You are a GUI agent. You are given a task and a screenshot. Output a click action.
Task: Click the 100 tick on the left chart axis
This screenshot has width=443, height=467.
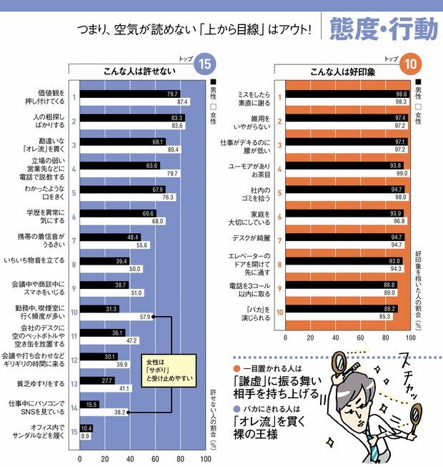click(x=205, y=459)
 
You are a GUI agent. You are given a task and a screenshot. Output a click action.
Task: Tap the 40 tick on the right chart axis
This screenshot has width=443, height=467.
click(x=336, y=338)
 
